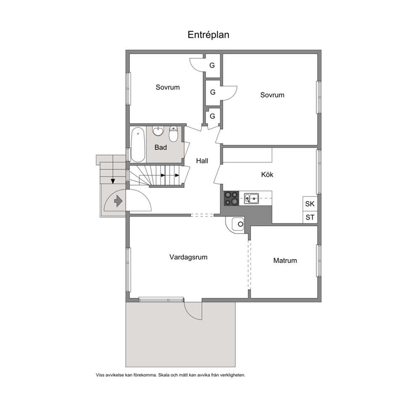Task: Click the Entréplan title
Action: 208,35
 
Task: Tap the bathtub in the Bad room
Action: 138,145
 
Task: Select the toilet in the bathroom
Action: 173,134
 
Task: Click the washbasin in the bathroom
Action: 158,131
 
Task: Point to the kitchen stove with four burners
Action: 231,198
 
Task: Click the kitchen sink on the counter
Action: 251,198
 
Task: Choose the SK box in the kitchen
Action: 310,204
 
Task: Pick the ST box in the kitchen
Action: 310,217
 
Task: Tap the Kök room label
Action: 267,174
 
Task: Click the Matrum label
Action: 285,260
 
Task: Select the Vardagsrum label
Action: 188,257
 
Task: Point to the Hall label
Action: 202,161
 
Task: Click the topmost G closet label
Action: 212,65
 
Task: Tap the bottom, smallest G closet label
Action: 212,116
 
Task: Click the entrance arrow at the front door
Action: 118,201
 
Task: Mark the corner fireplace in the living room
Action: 235,224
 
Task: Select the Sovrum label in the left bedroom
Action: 168,87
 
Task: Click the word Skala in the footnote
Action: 164,375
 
